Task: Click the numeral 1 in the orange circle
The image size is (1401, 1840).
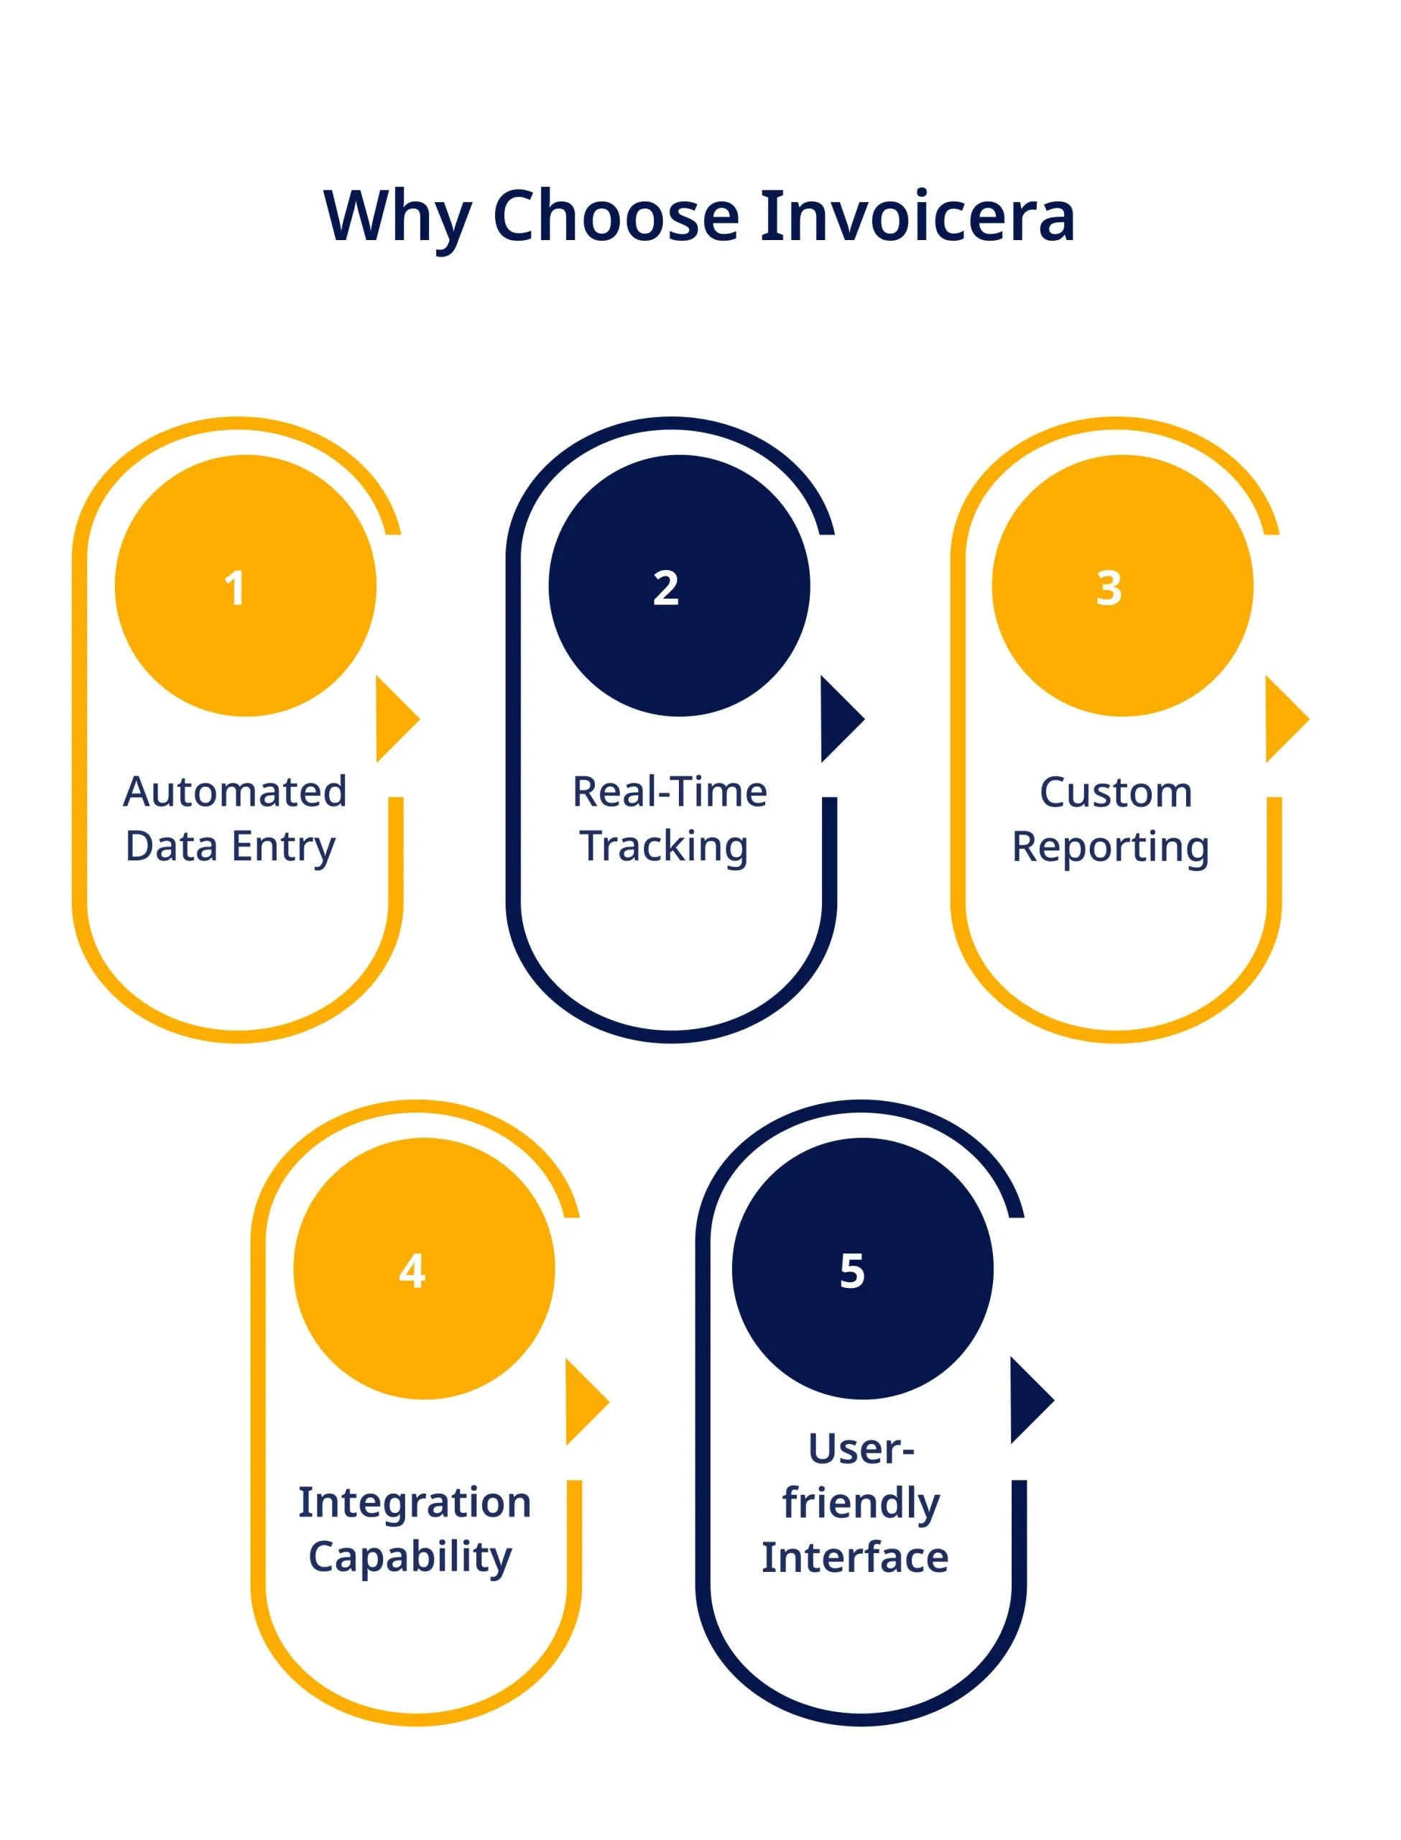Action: coord(235,588)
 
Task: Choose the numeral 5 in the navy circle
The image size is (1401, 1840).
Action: coord(851,1271)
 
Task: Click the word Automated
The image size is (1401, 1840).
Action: coord(234,791)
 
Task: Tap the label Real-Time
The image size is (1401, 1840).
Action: coord(670,791)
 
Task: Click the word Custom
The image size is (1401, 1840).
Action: coord(1116,792)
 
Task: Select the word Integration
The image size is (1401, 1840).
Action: coord(415,1502)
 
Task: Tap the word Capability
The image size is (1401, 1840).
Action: coord(410,1559)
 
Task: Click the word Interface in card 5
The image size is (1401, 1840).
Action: coord(855,1558)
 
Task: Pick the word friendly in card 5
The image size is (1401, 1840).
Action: coord(861,1503)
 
